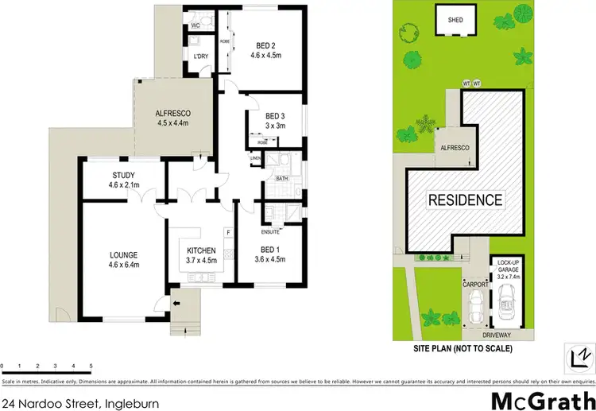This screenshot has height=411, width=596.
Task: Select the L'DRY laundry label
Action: pos(201,56)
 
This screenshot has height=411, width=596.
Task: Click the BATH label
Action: pos(281,179)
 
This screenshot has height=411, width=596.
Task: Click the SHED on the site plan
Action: pos(455,21)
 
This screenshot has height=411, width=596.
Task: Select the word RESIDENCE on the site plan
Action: pos(466,200)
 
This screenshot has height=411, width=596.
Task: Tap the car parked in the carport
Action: pos(476,305)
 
